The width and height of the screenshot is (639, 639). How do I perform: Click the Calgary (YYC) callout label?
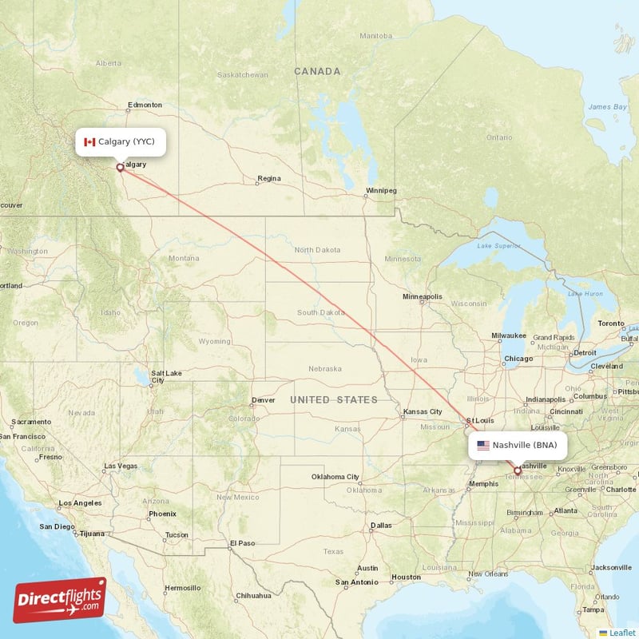[x=121, y=141]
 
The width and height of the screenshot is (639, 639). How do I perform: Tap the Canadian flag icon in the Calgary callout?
[x=89, y=141]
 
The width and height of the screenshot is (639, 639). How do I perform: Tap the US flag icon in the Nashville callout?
[x=482, y=445]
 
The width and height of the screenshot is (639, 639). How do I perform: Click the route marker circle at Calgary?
[x=120, y=168]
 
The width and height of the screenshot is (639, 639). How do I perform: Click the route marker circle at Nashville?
[x=517, y=471]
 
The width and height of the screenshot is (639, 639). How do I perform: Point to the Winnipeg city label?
[x=381, y=191]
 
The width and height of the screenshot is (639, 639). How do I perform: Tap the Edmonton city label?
[x=145, y=105]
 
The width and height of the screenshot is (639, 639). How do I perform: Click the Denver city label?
[x=263, y=400]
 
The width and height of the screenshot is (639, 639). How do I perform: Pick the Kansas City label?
[x=423, y=412]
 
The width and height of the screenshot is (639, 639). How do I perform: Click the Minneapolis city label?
[x=422, y=296]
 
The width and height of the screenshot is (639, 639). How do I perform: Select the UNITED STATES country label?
[x=334, y=399]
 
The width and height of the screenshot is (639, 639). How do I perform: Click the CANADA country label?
[x=317, y=72]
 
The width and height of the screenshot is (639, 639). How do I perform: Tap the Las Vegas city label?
[x=120, y=466]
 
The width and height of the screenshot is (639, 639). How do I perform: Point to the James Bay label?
[x=607, y=106]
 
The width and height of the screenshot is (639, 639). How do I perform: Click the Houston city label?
[x=406, y=577]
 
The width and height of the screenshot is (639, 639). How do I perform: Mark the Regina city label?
[x=269, y=178]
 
